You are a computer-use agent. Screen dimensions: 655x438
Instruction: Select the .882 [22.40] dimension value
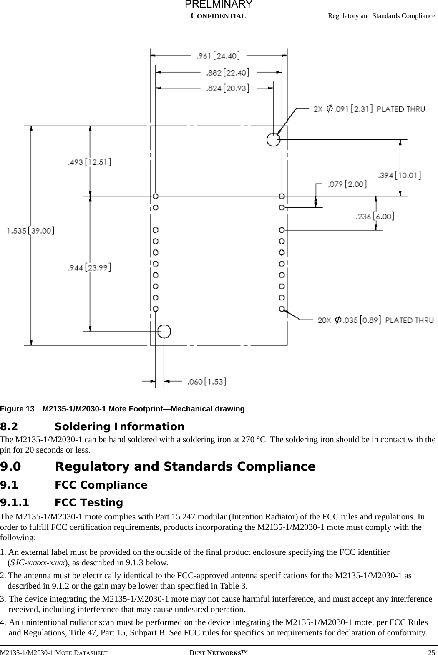228,73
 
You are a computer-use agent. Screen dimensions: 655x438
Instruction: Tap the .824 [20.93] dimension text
228,88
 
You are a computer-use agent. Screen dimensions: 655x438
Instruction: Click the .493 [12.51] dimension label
89,162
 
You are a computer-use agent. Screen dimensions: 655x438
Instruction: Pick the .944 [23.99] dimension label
89,267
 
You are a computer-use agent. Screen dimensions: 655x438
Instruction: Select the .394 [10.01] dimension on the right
399,175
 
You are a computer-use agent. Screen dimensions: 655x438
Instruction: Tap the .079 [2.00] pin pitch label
347,184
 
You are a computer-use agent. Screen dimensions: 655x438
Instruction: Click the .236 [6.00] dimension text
375,216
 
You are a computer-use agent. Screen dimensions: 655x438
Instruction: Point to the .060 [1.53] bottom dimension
206,381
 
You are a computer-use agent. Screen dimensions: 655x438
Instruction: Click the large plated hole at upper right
273,139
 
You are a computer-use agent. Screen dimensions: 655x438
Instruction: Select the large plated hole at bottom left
164,331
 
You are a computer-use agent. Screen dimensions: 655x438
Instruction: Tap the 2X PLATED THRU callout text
369,109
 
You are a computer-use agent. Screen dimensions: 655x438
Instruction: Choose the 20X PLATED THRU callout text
375,320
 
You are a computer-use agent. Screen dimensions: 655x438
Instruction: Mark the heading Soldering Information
119,427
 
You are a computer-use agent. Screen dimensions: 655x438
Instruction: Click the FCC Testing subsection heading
89,502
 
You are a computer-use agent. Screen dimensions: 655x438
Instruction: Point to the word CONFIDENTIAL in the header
218,16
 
